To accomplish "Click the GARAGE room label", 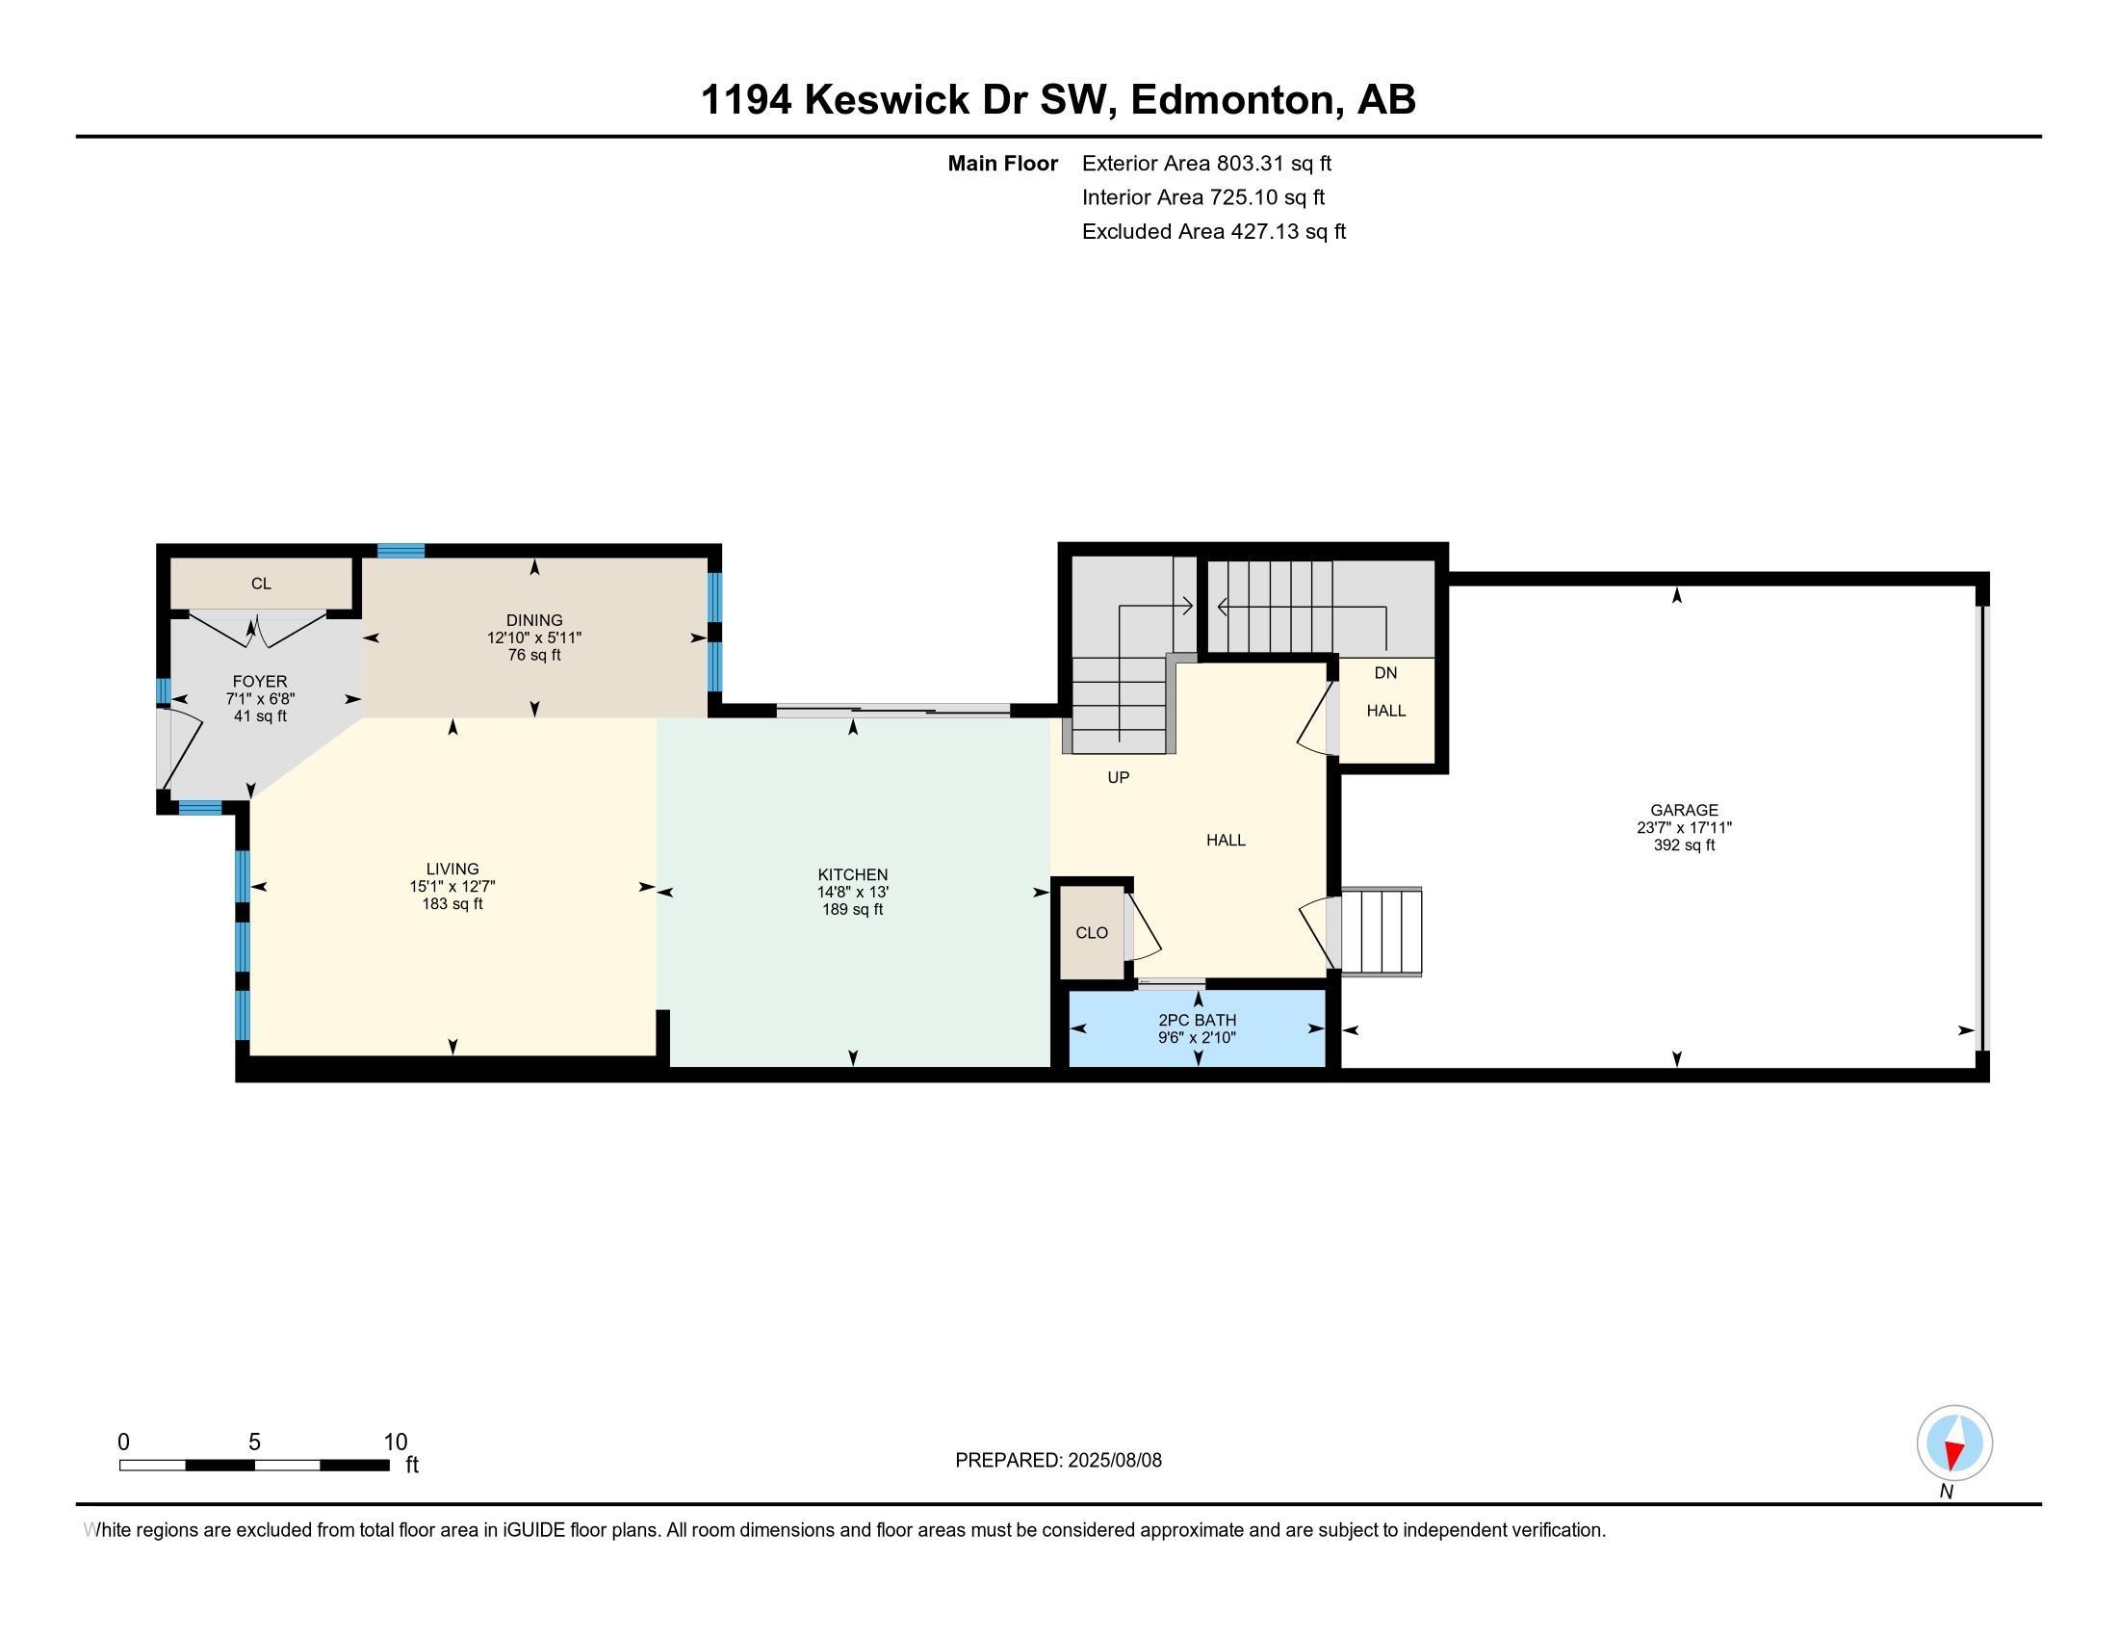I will tap(1684, 810).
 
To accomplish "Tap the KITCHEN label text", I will tap(852, 873).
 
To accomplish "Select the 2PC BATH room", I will tap(1197, 1028).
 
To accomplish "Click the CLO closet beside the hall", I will tap(1091, 932).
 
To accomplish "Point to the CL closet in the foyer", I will tap(261, 583).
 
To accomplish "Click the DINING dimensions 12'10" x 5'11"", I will tap(534, 638).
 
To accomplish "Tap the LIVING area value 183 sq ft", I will tap(452, 904).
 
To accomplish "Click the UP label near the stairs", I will tap(1118, 777).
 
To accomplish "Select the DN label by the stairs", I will tap(1384, 672).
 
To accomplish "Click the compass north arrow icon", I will tap(1954, 1442).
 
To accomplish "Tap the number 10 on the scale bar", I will tap(395, 1442).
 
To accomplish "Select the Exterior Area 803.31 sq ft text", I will tap(1206, 163).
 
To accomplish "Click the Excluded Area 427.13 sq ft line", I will tap(1213, 231).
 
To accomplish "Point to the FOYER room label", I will tap(259, 681).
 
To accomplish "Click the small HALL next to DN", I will tap(1385, 710).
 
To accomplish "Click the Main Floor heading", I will tap(1002, 163).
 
